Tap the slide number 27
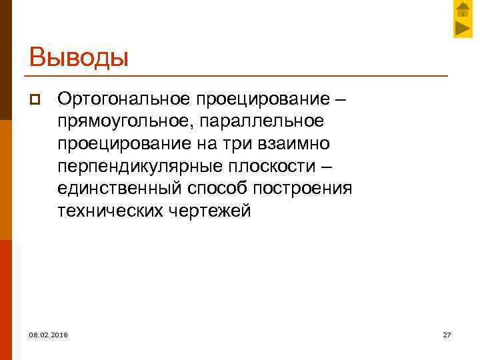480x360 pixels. [x=447, y=333]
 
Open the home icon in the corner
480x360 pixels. [x=463, y=10]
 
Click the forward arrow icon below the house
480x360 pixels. [x=463, y=28]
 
